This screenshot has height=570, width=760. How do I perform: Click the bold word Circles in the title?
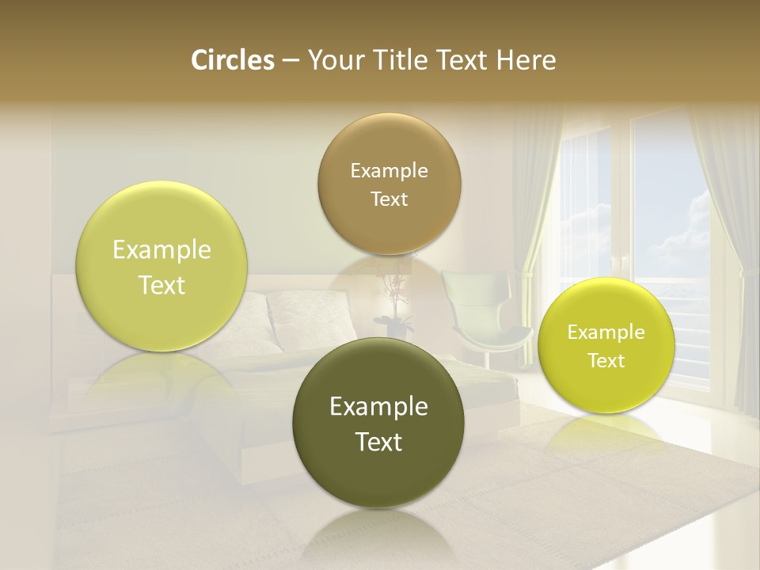point(232,60)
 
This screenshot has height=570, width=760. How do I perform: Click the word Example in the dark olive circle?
point(378,407)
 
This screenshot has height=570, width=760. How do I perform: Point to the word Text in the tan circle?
point(389,199)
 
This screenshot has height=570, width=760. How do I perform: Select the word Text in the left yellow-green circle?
point(161,285)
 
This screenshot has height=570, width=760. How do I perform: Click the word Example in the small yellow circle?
point(606,332)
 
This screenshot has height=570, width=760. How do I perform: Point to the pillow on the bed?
point(305,317)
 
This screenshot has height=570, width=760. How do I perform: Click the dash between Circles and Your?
point(291,60)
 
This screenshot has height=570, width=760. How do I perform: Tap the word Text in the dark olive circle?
point(378,442)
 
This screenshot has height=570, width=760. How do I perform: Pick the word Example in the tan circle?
point(389,171)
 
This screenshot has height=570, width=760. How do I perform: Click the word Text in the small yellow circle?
point(606,361)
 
